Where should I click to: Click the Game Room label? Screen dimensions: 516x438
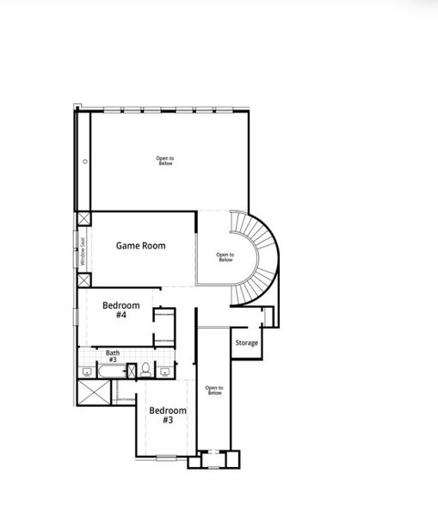[x=140, y=245]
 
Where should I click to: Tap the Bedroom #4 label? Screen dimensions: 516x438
[x=120, y=310]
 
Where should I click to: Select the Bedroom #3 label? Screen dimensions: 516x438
[x=167, y=415]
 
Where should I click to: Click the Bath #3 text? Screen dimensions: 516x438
[x=113, y=356]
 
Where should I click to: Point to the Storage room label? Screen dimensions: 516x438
[x=246, y=343]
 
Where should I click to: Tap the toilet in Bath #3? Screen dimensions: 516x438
[x=146, y=370]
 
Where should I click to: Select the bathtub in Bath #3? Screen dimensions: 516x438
[x=111, y=372]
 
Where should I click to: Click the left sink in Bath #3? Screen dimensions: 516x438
[x=87, y=372]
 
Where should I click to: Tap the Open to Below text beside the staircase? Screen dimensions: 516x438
[x=225, y=256]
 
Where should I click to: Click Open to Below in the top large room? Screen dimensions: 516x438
[x=165, y=161]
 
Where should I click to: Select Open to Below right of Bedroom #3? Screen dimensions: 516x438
[x=214, y=390]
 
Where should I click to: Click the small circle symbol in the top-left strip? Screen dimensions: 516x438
[x=85, y=162]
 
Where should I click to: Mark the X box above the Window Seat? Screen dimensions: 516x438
[x=83, y=219]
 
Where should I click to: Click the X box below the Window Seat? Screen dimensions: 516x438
[x=83, y=279]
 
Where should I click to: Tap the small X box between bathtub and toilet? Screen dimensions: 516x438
[x=132, y=371]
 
